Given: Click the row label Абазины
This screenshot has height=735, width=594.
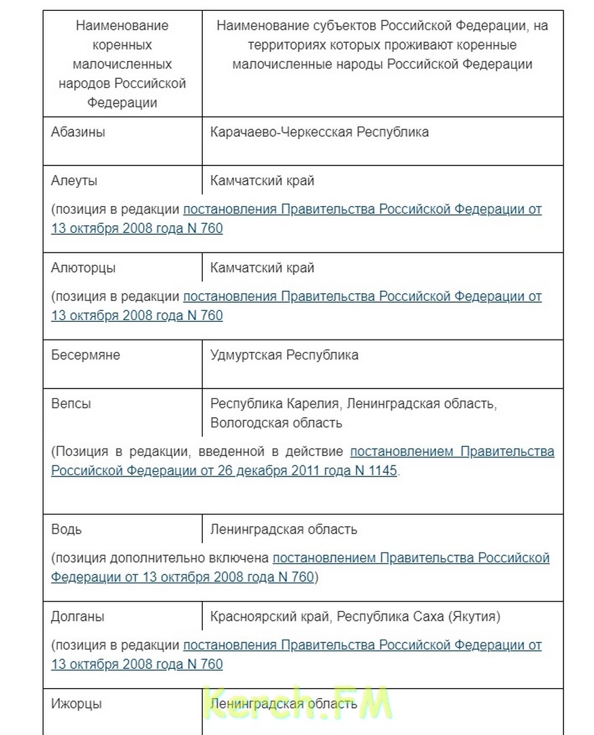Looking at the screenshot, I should [x=78, y=132].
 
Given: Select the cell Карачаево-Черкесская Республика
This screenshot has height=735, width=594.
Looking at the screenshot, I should [x=319, y=132].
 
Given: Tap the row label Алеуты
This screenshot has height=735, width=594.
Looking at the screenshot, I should [x=74, y=181].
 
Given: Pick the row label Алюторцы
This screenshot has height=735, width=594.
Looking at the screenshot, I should [x=83, y=268].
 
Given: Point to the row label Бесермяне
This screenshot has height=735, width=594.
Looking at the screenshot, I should [x=85, y=355].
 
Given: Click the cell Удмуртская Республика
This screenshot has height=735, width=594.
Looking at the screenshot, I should [x=284, y=355].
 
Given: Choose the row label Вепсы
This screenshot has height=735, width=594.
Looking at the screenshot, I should [x=71, y=404].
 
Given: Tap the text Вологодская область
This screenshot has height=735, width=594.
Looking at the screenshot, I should [x=276, y=423].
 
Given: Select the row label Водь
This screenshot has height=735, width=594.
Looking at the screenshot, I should [x=66, y=529].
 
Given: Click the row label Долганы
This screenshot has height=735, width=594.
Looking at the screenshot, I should [x=78, y=617].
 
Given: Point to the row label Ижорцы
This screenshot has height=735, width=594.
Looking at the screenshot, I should [x=76, y=704].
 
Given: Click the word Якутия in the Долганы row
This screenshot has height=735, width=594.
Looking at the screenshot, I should [x=474, y=617].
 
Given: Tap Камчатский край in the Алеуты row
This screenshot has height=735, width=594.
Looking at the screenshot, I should [x=262, y=181].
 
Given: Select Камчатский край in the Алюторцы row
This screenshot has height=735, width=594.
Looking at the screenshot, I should [x=262, y=268].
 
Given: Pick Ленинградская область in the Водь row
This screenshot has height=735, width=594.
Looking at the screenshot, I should [x=284, y=529].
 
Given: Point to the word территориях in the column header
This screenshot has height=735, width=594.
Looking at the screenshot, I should [x=266, y=46].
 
